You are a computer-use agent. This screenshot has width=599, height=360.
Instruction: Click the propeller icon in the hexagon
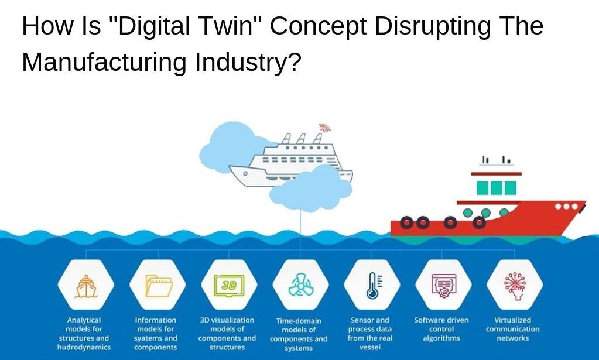coord(301,286)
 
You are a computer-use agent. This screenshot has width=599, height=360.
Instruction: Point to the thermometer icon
coord(372,286)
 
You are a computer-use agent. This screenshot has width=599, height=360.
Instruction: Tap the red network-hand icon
coord(515,286)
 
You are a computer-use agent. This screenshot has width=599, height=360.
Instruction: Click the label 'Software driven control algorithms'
coord(441,329)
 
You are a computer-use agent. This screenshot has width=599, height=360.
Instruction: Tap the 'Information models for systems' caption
coord(155,329)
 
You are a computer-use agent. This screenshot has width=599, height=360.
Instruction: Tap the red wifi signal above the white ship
coord(323,128)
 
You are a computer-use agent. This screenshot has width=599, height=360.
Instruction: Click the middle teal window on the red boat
coord(496,188)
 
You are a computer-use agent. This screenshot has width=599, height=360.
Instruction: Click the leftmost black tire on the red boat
coord(407,222)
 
